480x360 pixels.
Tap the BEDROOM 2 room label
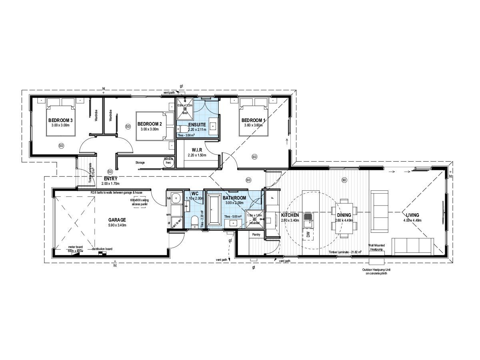[149, 124]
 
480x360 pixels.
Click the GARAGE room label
[117, 220]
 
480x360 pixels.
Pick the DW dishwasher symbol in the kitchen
[308, 235]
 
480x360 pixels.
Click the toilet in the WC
[194, 221]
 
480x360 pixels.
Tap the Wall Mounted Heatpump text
[377, 247]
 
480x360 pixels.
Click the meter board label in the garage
[75, 247]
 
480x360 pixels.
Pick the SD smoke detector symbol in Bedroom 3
[61, 145]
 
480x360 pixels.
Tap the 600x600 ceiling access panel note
[139, 202]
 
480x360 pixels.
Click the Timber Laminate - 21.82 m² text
[344, 252]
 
